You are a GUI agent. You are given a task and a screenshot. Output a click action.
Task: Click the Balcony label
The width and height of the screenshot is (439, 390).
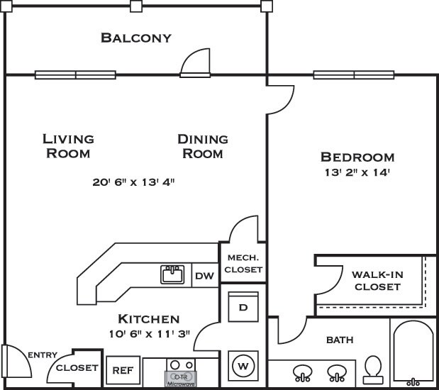coord(136,38)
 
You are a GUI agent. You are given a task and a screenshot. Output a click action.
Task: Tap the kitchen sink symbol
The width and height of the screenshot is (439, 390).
coord(172,274)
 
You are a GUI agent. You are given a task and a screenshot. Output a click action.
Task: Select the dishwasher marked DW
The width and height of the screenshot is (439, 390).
coord(205,275)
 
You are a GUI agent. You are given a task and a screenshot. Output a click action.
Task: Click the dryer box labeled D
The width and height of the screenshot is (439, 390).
coord(243,307)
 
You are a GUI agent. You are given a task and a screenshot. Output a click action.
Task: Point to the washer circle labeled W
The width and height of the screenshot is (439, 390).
coord(243,366)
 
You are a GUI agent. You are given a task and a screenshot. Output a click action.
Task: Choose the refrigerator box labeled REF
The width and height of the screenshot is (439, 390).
coord(123,370)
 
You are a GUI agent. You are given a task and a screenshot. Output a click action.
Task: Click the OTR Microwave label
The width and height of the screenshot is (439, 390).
coord(181,379)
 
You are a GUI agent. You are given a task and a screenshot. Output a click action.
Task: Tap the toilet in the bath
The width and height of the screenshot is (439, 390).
coord(373,369)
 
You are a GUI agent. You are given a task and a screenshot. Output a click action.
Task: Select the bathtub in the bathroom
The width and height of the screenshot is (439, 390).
coord(413,353)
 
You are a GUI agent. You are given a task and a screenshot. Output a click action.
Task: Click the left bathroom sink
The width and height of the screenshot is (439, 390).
coord(303,373)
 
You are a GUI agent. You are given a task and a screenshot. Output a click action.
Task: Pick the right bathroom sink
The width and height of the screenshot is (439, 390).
coord(337,373)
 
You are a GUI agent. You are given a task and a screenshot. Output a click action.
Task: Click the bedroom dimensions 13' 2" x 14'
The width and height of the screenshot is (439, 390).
coord(357,172)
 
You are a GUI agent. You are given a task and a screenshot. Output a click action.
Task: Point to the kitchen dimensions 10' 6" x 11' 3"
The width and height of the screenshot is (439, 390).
coord(150,334)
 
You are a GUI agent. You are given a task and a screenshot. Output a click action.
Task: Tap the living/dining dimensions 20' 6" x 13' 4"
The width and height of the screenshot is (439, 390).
coord(133,182)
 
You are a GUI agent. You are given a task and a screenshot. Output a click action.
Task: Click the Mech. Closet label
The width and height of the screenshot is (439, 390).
coord(243,264)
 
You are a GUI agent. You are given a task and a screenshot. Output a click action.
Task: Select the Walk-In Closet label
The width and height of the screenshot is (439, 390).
coord(377,281)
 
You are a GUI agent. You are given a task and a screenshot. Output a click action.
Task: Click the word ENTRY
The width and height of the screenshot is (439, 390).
coord(43,355)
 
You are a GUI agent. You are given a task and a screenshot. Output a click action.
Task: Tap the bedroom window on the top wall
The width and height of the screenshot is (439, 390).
coord(354,74)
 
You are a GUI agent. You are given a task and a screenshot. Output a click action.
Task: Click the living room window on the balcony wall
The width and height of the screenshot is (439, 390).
coord(75,74)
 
